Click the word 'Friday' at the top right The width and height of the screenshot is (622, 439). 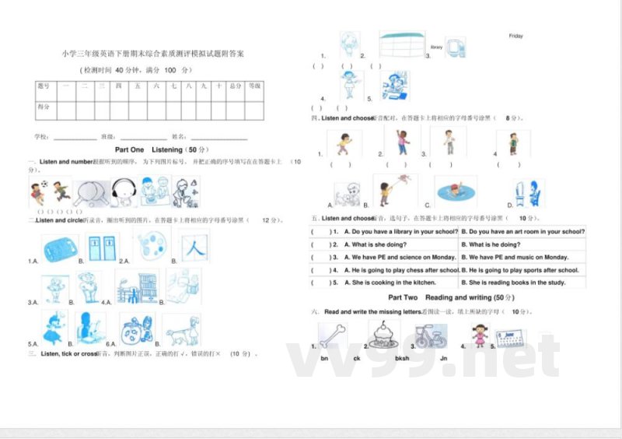[515, 36]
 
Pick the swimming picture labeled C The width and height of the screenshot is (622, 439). [455, 191]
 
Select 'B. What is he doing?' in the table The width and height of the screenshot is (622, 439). [494, 244]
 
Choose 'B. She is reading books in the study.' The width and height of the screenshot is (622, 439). [513, 283]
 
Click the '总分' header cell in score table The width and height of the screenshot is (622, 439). [235, 86]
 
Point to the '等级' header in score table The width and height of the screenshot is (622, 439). [255, 86]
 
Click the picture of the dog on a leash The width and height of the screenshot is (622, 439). [182, 330]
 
